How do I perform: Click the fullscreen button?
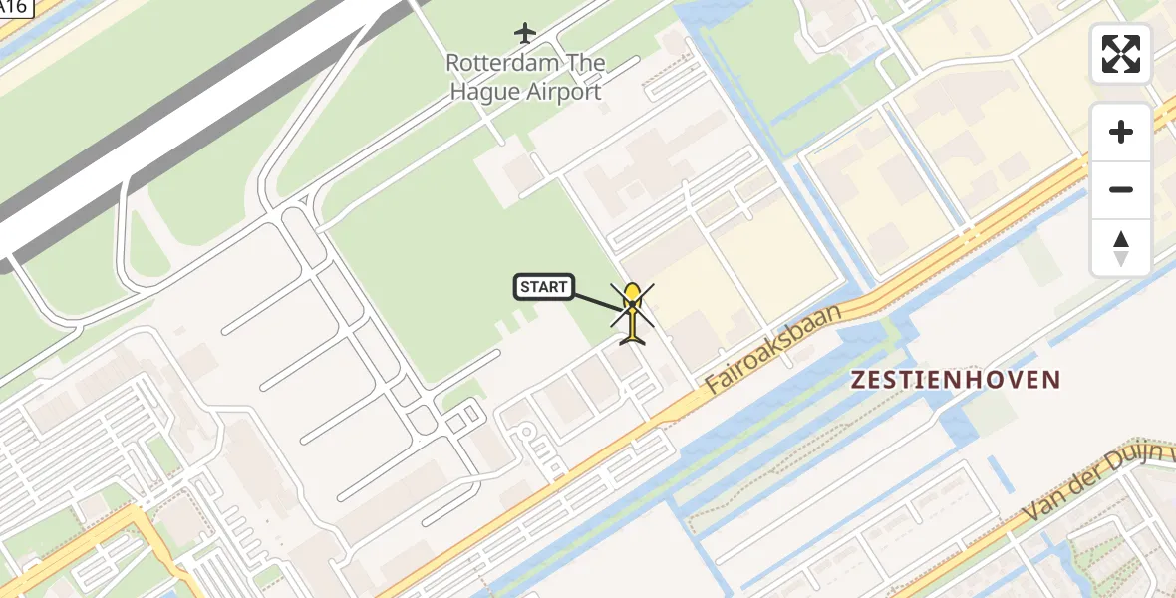[1121, 54]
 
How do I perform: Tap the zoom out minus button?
[1121, 189]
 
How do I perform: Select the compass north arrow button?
[1121, 247]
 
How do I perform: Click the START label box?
[544, 288]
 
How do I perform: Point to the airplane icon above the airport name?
[525, 33]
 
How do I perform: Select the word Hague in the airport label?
[482, 93]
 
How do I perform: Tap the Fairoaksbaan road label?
[773, 348]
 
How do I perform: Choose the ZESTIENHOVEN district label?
[956, 380]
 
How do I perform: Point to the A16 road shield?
[15, 6]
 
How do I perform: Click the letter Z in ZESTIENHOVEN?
[857, 380]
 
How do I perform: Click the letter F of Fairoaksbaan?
[712, 383]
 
